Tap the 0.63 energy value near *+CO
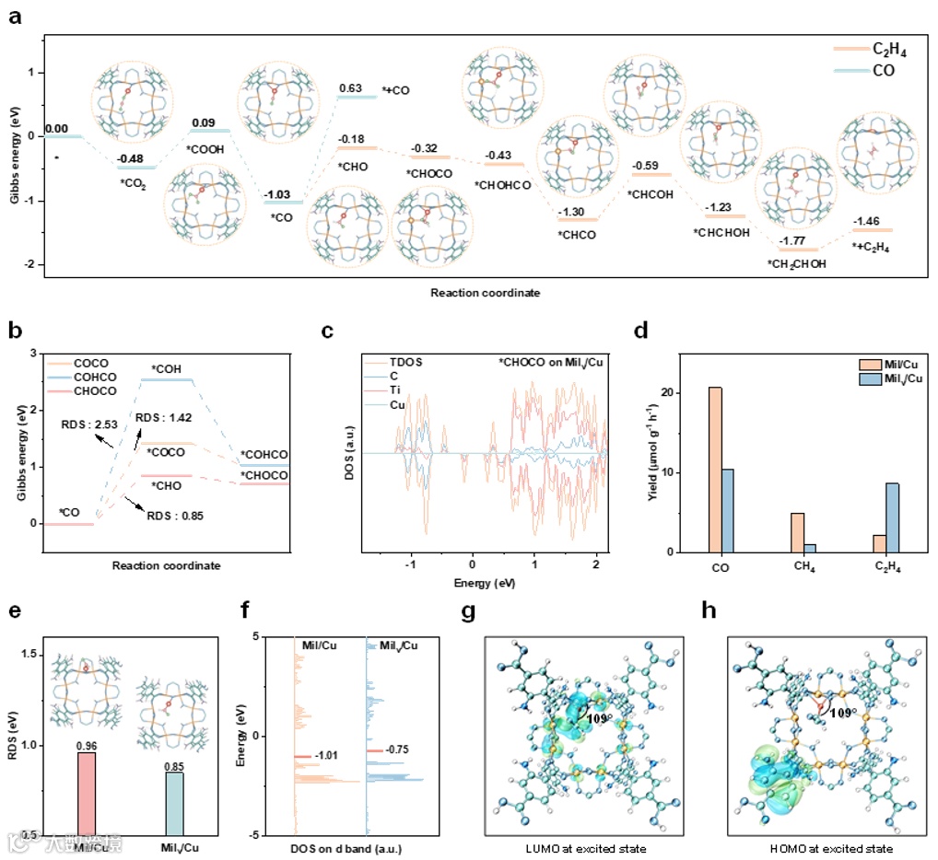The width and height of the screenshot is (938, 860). [x=350, y=88]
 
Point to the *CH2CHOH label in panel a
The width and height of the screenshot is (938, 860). [x=798, y=263]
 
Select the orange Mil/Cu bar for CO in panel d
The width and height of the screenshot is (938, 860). [x=715, y=470]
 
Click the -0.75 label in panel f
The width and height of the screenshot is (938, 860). [x=400, y=750]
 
